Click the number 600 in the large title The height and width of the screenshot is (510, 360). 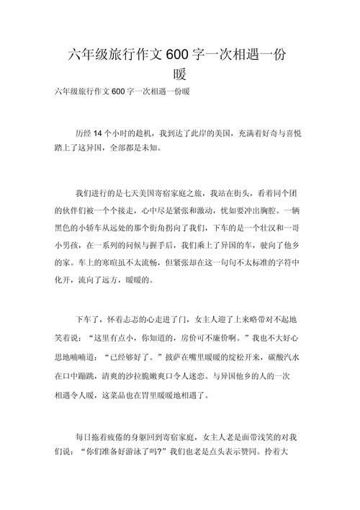[178, 55]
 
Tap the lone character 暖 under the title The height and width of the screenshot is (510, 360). [180, 74]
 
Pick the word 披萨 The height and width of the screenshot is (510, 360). [174, 356]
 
